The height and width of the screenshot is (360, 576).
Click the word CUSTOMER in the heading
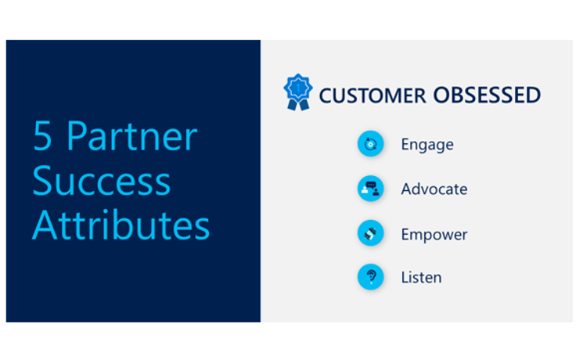372,95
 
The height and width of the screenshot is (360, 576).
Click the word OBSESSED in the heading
486,95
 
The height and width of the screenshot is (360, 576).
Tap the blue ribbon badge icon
297,92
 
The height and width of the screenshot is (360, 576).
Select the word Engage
427,145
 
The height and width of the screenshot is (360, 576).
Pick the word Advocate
434,189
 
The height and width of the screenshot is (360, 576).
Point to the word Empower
434,235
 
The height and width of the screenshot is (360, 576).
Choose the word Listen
421,277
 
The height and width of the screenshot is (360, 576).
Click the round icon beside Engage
370,144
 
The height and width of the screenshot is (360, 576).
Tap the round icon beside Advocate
370,189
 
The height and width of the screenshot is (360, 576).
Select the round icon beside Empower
370,233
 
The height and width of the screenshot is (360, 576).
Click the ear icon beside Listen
370,277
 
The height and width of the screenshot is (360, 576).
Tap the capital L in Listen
405,277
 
